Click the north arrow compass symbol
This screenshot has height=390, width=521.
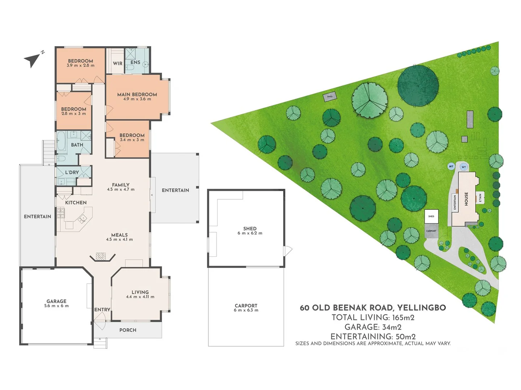pyautogui.click(x=33, y=59)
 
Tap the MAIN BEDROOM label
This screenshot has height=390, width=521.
pyautogui.click(x=137, y=94)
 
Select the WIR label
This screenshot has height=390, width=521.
pyautogui.click(x=118, y=63)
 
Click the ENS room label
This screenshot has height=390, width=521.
pyautogui.click(x=135, y=62)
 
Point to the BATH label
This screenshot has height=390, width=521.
pyautogui.click(x=77, y=145)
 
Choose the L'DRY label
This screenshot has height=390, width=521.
pyautogui.click(x=72, y=172)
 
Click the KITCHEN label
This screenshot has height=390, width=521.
pyautogui.click(x=76, y=203)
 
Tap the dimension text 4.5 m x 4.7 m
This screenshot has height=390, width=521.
pyautogui.click(x=120, y=190)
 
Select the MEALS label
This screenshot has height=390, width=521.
pyautogui.click(x=119, y=235)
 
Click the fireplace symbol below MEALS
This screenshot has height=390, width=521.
pyautogui.click(x=102, y=257)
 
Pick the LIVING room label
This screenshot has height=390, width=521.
pyautogui.click(x=140, y=292)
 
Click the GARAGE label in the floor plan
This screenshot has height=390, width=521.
pyautogui.click(x=56, y=301)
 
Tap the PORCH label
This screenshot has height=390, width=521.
pyautogui.click(x=128, y=330)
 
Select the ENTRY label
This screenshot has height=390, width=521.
pyautogui.click(x=102, y=309)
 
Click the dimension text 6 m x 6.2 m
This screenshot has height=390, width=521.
pyautogui.click(x=250, y=233)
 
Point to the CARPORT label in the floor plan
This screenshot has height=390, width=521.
pyautogui.click(x=246, y=305)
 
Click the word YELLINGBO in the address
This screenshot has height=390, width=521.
pyautogui.click(x=422, y=308)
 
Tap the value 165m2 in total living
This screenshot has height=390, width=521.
pyautogui.click(x=403, y=318)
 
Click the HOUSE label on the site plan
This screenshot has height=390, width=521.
pyautogui.click(x=466, y=199)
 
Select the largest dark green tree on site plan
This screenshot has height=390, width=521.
pyautogui.click(x=418, y=86)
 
